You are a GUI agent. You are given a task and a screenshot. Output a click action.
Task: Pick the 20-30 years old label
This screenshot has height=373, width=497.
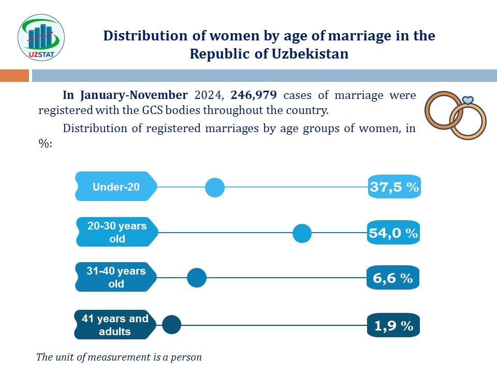(116, 232)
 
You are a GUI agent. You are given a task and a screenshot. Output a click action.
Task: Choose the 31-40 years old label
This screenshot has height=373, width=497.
(116, 277)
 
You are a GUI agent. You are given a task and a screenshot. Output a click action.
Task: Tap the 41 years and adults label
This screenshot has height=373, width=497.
(115, 325)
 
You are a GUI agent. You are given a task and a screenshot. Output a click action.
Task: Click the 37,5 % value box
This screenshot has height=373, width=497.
(394, 187)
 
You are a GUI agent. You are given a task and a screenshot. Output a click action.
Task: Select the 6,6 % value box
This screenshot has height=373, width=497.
(392, 278)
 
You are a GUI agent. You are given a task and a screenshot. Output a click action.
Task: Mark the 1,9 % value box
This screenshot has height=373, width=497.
(393, 326)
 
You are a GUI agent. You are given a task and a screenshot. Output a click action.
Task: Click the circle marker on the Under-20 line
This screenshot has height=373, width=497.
(215, 187)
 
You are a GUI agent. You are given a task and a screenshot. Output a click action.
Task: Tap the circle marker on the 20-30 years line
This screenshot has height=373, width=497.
(302, 233)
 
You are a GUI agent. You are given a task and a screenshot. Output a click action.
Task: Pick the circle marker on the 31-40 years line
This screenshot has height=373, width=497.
(197, 278)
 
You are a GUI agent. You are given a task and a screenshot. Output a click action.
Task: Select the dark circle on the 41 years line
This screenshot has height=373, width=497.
(171, 325)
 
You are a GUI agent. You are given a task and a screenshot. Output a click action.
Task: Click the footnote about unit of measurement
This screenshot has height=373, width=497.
(119, 357)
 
